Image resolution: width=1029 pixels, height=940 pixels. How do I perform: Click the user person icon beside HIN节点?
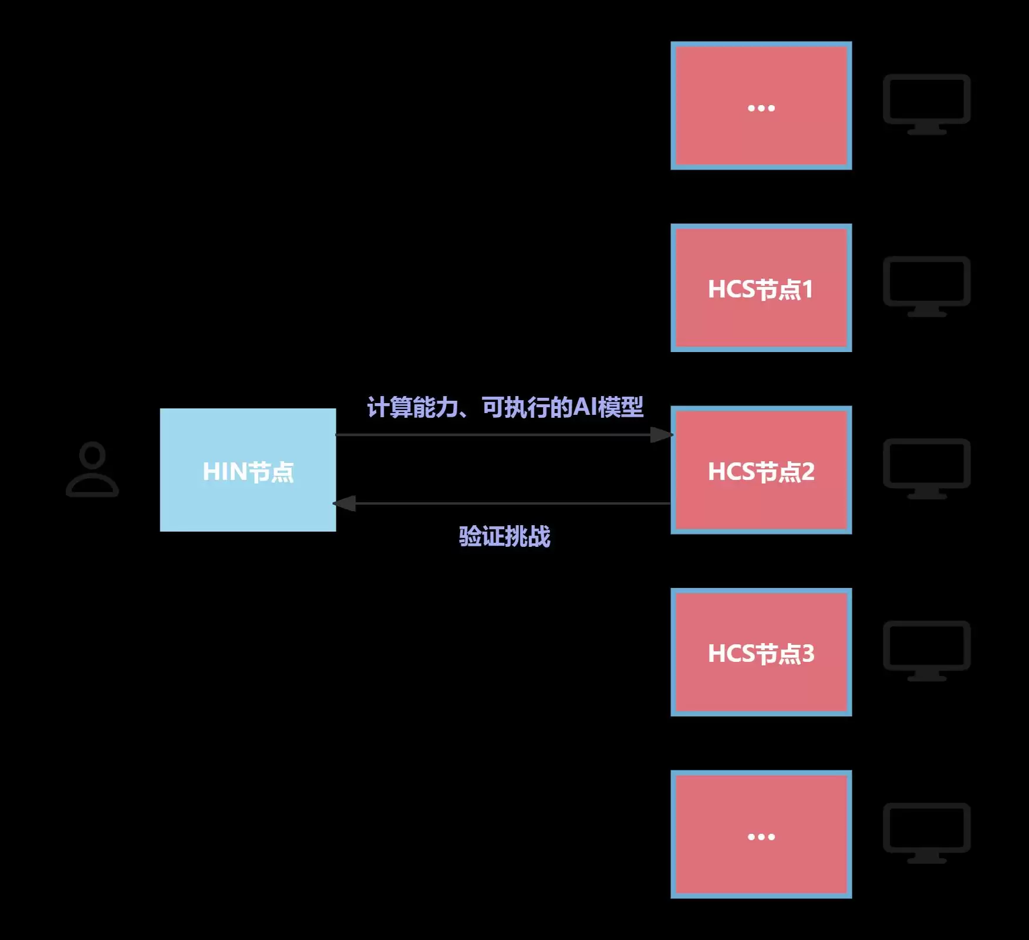[92, 469]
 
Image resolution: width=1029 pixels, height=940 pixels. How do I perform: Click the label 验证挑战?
[504, 536]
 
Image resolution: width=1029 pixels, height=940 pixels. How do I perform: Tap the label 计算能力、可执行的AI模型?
[505, 407]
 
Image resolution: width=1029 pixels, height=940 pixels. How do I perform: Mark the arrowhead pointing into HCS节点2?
[661, 435]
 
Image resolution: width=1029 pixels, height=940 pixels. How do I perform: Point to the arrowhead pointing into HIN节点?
[345, 503]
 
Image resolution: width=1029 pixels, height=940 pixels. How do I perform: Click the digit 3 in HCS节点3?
[808, 654]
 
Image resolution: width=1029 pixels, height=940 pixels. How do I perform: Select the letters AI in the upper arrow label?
[585, 407]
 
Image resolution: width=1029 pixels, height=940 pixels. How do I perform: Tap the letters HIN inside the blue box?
[224, 472]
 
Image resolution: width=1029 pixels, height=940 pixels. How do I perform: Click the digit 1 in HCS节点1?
[808, 289]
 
